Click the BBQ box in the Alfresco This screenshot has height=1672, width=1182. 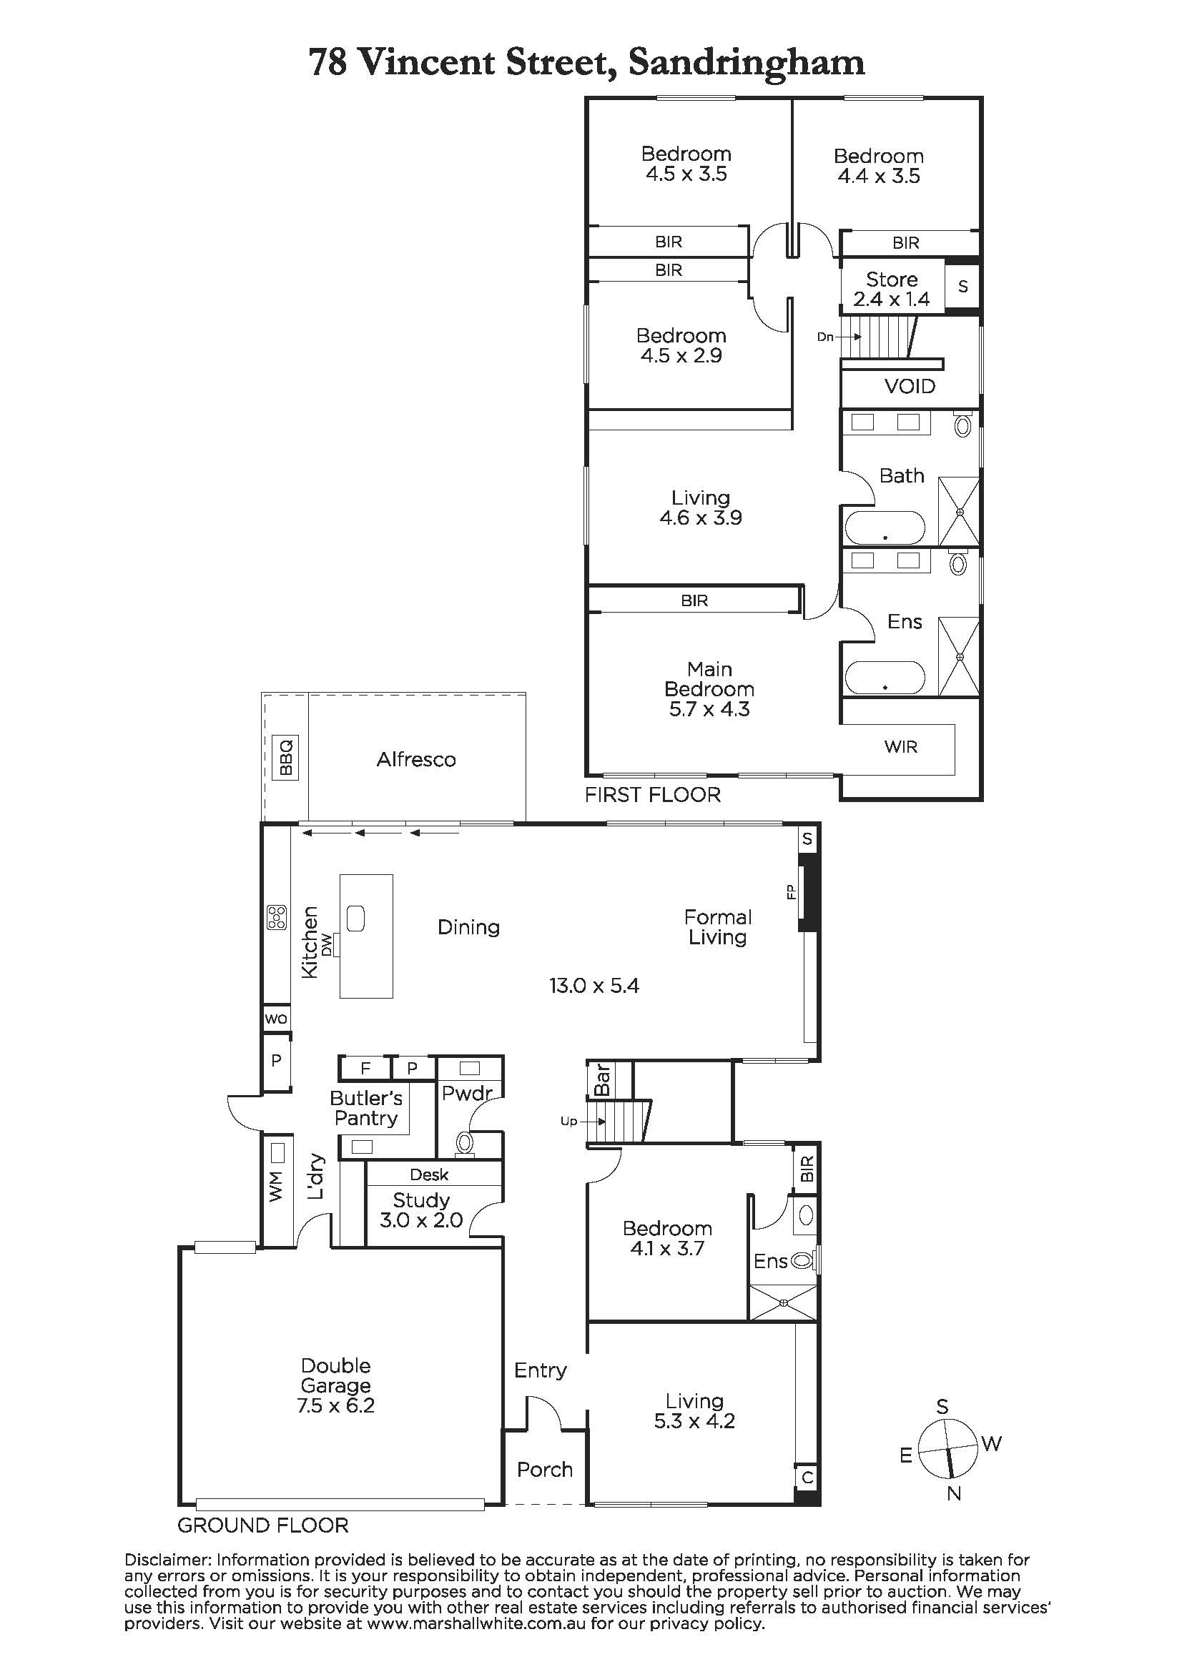[x=284, y=758]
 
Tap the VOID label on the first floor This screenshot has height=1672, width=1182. [x=910, y=386]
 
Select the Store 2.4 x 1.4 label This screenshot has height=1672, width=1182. [x=892, y=289]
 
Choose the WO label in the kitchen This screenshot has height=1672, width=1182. [x=276, y=1019]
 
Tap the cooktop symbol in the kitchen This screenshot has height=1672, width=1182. [x=277, y=918]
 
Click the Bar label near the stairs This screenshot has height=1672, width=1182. [x=602, y=1079]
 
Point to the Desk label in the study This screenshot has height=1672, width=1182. [x=429, y=1174]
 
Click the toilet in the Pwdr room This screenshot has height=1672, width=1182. [x=465, y=1144]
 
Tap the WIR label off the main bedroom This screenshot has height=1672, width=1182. [x=901, y=746]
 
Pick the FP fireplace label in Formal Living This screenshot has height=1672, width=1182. [x=791, y=892]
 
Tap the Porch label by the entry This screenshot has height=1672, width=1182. [x=545, y=1470]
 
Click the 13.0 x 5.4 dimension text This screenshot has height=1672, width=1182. [x=594, y=986]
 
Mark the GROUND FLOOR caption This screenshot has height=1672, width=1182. [x=263, y=1525]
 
